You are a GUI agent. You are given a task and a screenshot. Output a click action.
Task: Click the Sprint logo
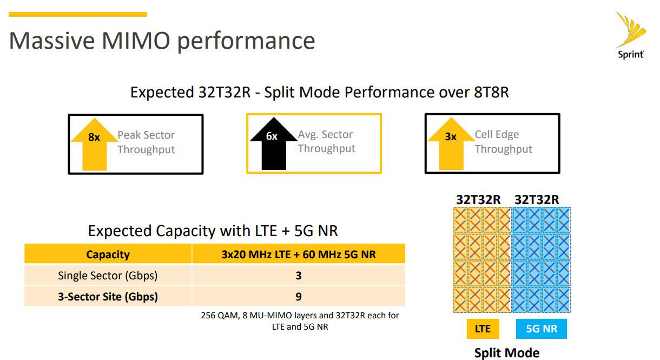click(631, 35)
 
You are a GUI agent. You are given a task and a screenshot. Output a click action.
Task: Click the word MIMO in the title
click(136, 41)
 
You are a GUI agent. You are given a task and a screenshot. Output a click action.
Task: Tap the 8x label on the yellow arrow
click(94, 137)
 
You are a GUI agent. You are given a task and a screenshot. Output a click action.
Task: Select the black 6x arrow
click(274, 143)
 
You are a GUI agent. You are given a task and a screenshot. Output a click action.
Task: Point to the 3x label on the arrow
click(451, 136)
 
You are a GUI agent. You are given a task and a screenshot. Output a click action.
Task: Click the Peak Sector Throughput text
click(146, 142)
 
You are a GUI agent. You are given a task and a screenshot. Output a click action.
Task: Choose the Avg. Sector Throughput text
click(326, 141)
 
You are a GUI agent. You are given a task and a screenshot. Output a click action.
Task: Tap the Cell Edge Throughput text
click(504, 142)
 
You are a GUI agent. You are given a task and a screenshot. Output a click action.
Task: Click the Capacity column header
click(108, 254)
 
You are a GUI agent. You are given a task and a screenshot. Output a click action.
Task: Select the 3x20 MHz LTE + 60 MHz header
click(299, 254)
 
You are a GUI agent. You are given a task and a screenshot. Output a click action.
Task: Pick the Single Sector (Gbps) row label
click(108, 276)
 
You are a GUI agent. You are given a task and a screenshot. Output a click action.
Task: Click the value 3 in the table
click(299, 276)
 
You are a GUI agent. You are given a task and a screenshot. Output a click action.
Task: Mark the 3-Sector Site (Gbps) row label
click(108, 296)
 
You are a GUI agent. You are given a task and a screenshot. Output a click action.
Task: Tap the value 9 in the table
click(299, 296)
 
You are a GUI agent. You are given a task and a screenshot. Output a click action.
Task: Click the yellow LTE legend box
click(483, 329)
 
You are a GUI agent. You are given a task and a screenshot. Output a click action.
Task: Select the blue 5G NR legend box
click(542, 329)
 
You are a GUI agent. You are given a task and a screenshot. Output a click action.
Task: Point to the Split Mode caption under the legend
click(507, 353)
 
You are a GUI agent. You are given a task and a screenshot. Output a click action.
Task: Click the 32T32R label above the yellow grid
click(478, 200)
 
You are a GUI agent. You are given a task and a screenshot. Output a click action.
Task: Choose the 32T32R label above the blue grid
click(537, 200)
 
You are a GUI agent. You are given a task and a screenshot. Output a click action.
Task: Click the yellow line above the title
click(78, 14)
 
